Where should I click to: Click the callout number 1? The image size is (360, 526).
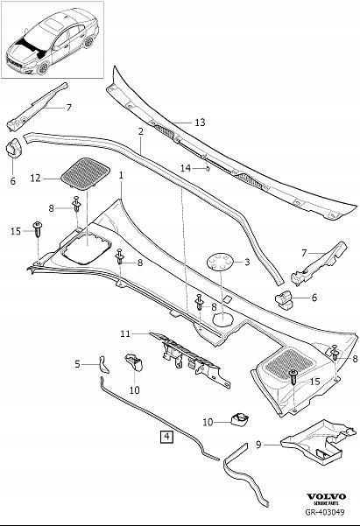[121, 175]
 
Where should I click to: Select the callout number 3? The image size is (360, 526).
[247, 262]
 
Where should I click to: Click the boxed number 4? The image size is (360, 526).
[166, 436]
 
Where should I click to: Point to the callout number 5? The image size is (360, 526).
[77, 363]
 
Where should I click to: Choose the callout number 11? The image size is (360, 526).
[125, 333]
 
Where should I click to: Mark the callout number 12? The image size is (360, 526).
[36, 178]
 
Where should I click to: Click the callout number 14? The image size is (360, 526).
[185, 166]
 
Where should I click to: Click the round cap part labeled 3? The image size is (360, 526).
[221, 261]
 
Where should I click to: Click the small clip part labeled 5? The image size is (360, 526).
[99, 361]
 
